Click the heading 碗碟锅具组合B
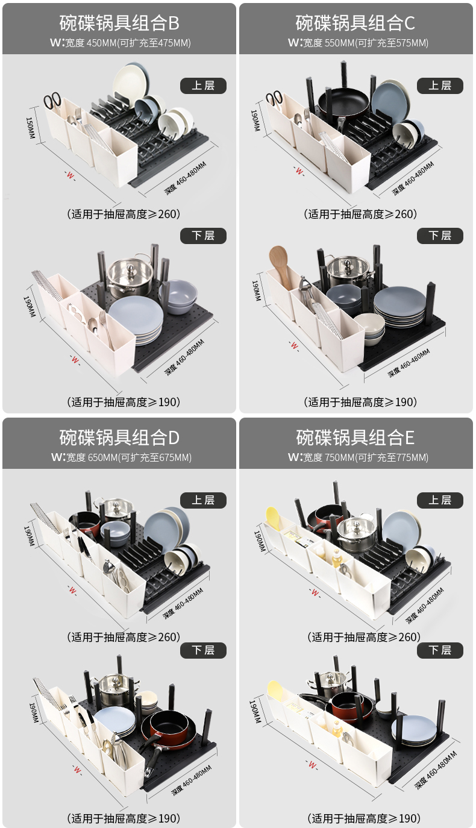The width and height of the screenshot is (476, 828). pos(119,24)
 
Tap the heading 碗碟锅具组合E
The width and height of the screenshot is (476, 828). pos(355,438)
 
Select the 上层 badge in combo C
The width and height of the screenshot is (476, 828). pos(440,86)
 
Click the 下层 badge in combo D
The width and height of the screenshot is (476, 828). pos(203,650)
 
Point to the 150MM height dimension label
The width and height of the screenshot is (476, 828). pos(30,128)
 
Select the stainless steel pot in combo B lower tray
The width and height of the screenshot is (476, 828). pos(130,277)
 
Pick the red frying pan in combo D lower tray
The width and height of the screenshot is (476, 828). pos(169,725)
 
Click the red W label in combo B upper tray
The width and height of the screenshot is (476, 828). pos(70,175)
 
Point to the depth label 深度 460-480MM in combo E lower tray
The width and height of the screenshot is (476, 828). pos(436,770)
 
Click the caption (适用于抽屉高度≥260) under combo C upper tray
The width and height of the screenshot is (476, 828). pos(360,214)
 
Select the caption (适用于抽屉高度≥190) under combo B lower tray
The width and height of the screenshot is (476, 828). pos(124,402)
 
